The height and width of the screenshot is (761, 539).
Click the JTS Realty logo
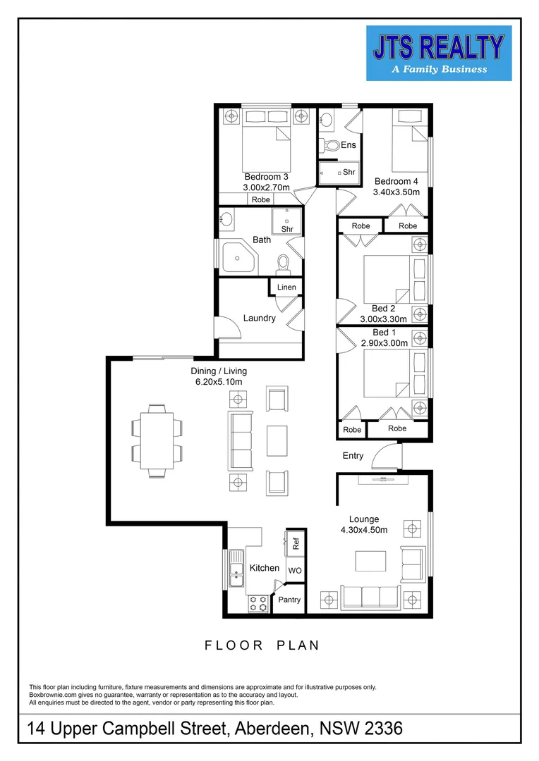[438, 53]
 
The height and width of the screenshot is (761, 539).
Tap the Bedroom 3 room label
[266, 177]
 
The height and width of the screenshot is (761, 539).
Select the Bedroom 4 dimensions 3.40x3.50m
[396, 192]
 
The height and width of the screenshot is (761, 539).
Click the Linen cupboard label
[286, 287]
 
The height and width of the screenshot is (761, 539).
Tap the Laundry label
[259, 318]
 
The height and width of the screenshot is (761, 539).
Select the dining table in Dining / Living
[157, 440]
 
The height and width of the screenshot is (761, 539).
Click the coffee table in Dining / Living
[277, 441]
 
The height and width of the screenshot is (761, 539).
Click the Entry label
[353, 456]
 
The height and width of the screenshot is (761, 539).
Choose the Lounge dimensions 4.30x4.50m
[364, 531]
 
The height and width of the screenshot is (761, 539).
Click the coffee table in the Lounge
[370, 561]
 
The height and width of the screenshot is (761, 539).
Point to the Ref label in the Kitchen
[296, 543]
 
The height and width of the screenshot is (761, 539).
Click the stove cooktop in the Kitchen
[258, 603]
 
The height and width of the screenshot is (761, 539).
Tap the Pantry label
[289, 600]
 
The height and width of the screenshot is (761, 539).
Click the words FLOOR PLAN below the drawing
[262, 645]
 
